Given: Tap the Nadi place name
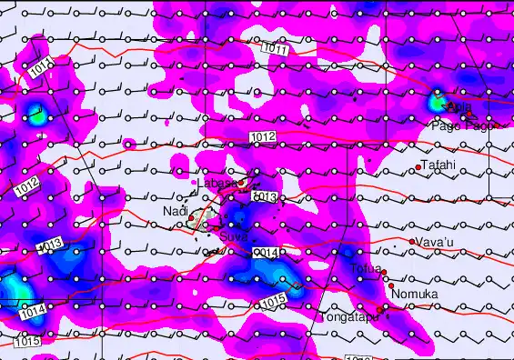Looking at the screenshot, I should pyautogui.click(x=175, y=211).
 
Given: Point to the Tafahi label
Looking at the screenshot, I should pyautogui.click(x=438, y=165).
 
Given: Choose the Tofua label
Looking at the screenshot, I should pyautogui.click(x=364, y=268).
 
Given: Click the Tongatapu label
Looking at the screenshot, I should pyautogui.click(x=348, y=319).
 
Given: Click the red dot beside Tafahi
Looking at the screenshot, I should pyautogui.click(x=418, y=166).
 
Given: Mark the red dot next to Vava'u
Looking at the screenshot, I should pyautogui.click(x=412, y=242).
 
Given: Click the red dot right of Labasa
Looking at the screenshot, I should pyautogui.click(x=242, y=185).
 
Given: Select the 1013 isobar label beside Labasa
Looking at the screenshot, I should pyautogui.click(x=264, y=196).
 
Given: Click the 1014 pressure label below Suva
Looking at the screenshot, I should pyautogui.click(x=264, y=252).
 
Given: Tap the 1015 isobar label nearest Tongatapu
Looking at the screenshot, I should pyautogui.click(x=274, y=301).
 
